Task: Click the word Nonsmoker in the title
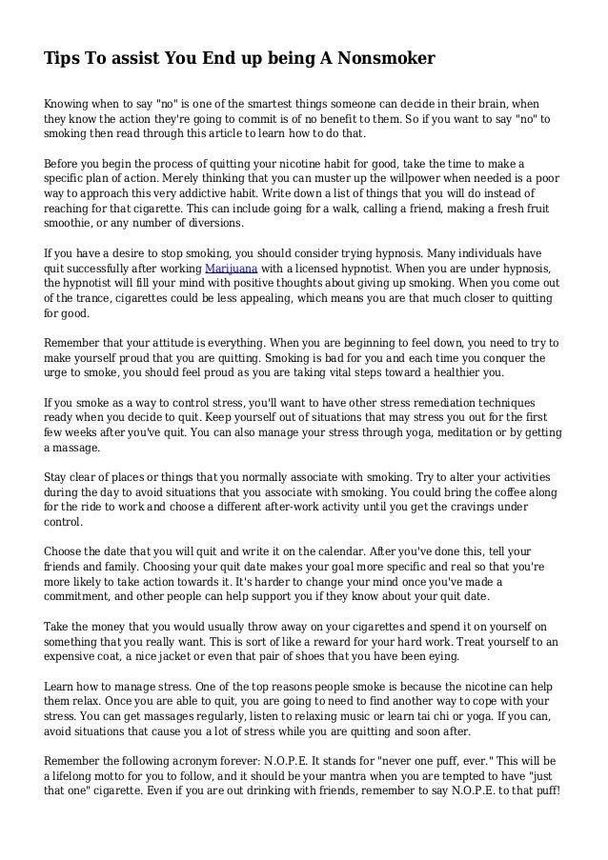point(383,59)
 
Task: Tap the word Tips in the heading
point(61,59)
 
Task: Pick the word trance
point(100,301)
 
